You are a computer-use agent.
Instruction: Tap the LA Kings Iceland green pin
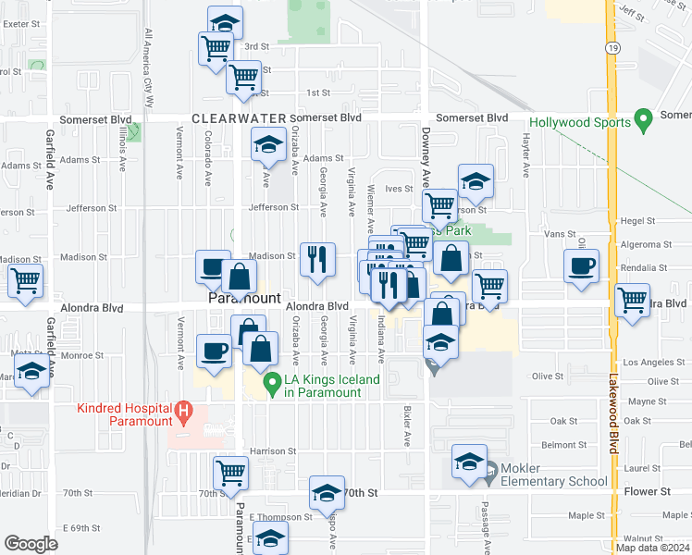point(272,381)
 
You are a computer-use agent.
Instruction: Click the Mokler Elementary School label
point(555,475)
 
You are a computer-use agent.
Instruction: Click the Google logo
point(31,544)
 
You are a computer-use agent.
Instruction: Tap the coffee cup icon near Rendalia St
point(581,266)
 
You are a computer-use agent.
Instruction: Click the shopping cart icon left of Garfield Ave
point(25,279)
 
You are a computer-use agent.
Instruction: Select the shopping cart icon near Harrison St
point(230,473)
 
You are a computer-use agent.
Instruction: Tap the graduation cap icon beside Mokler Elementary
point(469,461)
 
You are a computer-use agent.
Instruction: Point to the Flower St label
point(646,492)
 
